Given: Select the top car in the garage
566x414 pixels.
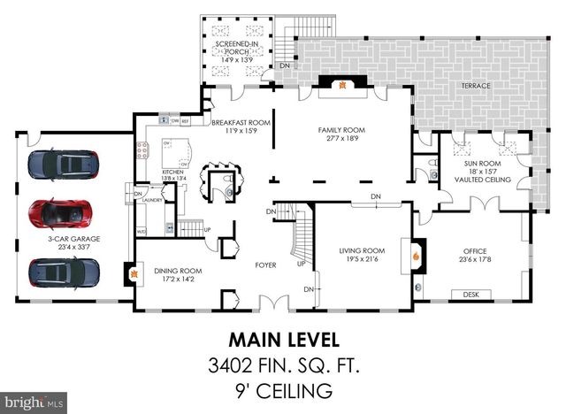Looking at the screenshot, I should coord(63,164).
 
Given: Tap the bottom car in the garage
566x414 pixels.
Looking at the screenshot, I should coord(63,272).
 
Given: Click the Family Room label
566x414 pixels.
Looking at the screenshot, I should coord(341,130).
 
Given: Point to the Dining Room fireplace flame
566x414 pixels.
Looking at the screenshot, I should coord(135,276).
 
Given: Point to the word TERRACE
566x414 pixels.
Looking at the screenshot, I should coord(476,86).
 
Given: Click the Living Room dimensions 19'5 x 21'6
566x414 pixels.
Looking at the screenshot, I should coord(362,259).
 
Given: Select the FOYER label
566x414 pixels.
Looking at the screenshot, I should coord(265,264).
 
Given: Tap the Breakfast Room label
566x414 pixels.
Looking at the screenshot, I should coord(241,123).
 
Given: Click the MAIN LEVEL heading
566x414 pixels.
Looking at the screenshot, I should coord(283,339).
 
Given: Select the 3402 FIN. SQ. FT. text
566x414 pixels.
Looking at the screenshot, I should coord(282,364).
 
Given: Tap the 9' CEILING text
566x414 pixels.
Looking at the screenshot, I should coord(282,389).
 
